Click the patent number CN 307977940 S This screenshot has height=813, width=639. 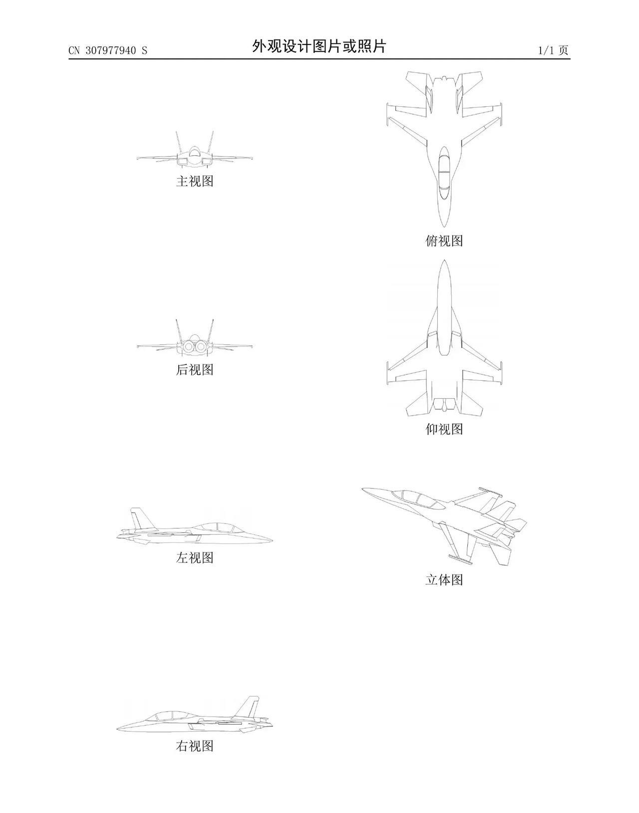coord(108,50)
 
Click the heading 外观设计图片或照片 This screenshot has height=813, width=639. coord(319,46)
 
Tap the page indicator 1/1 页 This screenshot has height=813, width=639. coord(553,50)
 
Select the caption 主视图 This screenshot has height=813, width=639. coord(195,181)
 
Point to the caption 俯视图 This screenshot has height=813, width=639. coord(444,241)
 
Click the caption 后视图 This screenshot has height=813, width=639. coord(195,370)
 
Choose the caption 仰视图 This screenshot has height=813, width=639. coord(444,429)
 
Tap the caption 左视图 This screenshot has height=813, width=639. coord(195,558)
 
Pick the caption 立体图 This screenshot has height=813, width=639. coord(444,580)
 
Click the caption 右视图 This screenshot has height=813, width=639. coord(195,746)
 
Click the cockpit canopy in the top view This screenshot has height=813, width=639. coord(444,173)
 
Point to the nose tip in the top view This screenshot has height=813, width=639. coord(444,227)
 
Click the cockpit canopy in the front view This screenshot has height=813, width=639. coord(194,151)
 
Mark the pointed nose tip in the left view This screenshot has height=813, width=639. coord(273,541)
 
